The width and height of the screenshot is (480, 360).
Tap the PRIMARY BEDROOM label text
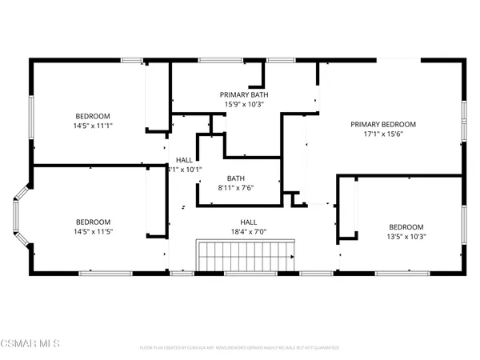pos(383,124)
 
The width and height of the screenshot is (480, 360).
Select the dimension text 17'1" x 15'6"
pos(383,135)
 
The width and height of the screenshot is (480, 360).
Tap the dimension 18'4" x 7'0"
pos(249,232)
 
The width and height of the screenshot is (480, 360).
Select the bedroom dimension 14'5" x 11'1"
pos(94,126)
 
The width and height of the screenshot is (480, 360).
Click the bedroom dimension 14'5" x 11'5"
pos(94,232)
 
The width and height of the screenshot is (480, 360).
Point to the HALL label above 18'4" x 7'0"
pos(249,222)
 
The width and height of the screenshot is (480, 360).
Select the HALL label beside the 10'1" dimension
pos(184,160)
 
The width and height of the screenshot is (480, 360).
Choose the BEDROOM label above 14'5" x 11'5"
pos(94,222)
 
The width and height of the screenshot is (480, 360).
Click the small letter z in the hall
pos(183,207)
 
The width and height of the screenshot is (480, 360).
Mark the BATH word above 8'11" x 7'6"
pos(235,178)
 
